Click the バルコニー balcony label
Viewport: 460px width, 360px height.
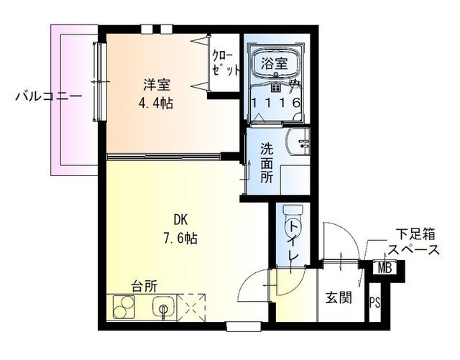[x=48, y=95]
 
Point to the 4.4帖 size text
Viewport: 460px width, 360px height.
[x=156, y=102]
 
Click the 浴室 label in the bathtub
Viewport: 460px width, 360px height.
[x=275, y=63]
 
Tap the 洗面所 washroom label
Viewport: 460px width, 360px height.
[x=267, y=165]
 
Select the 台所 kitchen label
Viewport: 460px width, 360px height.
[x=144, y=286]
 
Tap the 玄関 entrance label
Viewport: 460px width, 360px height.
[x=338, y=296]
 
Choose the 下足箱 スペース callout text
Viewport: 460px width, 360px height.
[x=414, y=243]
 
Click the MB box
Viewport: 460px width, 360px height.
[x=385, y=269]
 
